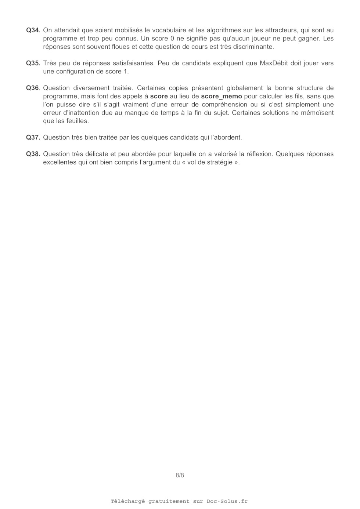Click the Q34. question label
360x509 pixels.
pyautogui.click(x=33, y=30)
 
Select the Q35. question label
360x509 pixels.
pyautogui.click(x=33, y=63)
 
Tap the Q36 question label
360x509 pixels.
pyautogui.click(x=32, y=88)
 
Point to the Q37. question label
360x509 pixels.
pyautogui.click(x=33, y=137)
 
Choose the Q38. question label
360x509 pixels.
pyautogui.click(x=33, y=154)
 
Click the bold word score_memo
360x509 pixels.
pyautogui.click(x=222, y=96)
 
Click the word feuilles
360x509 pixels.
pyautogui.click(x=77, y=121)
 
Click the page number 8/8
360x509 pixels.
pyautogui.click(x=180, y=475)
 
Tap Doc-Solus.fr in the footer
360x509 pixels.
pyautogui.click(x=227, y=501)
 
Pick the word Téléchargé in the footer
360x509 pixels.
pyautogui.click(x=128, y=501)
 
